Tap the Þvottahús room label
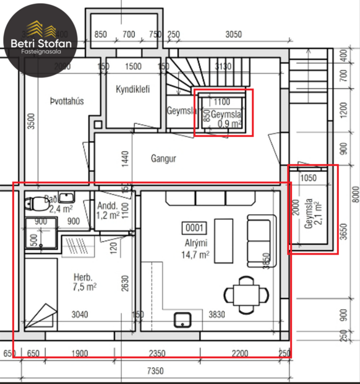coord(67,101)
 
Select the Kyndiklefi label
coord(133,89)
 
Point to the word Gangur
coord(163,159)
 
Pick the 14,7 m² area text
coord(195,254)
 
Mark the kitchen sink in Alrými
coord(182,319)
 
